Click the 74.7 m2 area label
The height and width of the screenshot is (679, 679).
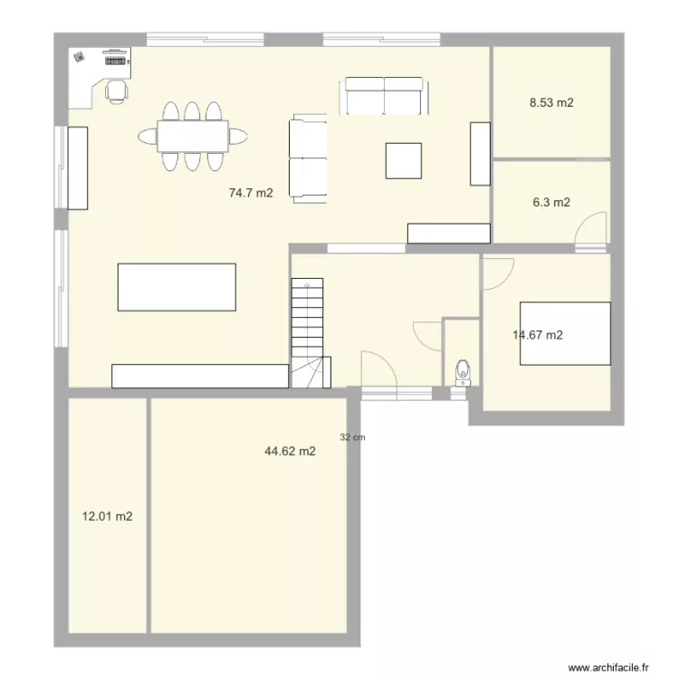tap(251, 193)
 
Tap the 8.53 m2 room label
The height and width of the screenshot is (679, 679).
tap(551, 103)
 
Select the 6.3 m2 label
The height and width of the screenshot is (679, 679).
tap(551, 203)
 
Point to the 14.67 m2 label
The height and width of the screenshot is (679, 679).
tap(538, 335)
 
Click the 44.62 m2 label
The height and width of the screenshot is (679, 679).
tap(290, 451)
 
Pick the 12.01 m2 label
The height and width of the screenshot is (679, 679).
tap(108, 517)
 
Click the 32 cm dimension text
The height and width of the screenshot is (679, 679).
tap(353, 437)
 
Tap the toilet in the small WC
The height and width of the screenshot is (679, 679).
tap(463, 371)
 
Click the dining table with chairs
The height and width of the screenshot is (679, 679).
tap(193, 137)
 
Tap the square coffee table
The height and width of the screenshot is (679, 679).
tap(404, 160)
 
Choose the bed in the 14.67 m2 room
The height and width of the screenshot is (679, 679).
tap(565, 333)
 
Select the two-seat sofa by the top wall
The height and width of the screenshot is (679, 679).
tap(384, 96)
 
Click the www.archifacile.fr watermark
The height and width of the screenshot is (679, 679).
tap(608, 667)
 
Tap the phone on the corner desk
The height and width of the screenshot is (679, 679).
tap(81, 56)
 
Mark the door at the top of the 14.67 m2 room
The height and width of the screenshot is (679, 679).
tap(498, 273)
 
